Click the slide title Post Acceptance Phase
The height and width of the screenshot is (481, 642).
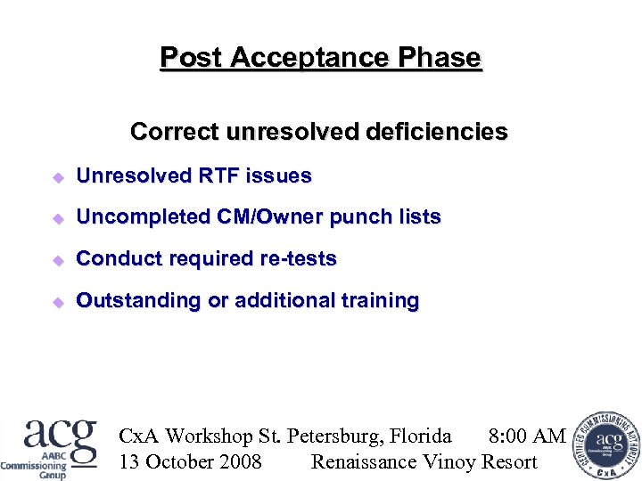(x=320, y=58)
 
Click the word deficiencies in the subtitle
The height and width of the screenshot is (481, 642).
(x=436, y=132)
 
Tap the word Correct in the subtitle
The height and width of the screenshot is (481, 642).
(x=175, y=132)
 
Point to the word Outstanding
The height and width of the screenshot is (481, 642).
(x=138, y=301)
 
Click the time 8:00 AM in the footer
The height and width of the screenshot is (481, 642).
(x=527, y=436)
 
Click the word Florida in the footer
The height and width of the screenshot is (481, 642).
(x=420, y=436)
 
